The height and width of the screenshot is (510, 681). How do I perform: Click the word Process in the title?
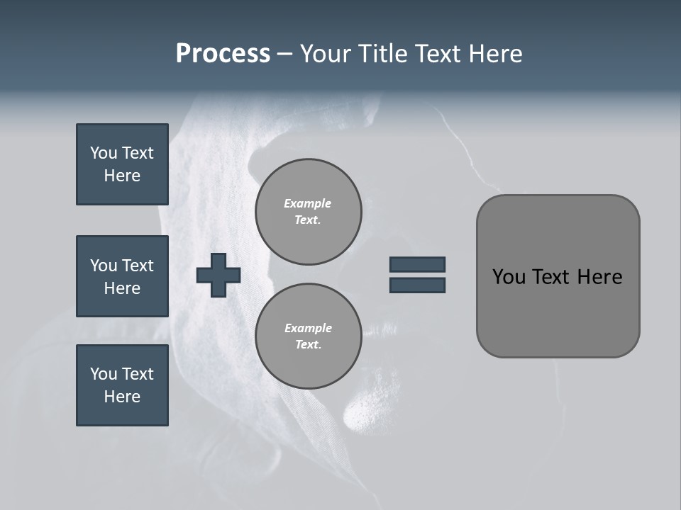click(x=223, y=54)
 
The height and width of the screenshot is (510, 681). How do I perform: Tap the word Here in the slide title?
click(x=495, y=54)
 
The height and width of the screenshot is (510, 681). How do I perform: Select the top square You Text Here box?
click(x=122, y=164)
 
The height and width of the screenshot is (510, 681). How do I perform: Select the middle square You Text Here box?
click(x=122, y=276)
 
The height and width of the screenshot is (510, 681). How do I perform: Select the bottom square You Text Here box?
click(x=122, y=385)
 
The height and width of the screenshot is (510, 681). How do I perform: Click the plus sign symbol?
click(x=218, y=275)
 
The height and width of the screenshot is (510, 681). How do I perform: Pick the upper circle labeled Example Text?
click(x=309, y=212)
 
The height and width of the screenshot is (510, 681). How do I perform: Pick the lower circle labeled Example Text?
click(x=309, y=336)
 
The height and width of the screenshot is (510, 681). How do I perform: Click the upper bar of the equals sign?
click(x=417, y=264)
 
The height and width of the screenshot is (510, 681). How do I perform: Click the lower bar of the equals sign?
click(x=417, y=285)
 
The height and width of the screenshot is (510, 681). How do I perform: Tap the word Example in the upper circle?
click(x=308, y=203)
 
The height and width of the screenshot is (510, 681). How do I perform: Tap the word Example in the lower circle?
click(x=308, y=328)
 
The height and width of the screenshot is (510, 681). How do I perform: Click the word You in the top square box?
click(x=103, y=153)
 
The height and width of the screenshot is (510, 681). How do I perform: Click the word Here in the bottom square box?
click(x=122, y=397)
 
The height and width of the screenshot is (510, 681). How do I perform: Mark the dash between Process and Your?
click(x=284, y=55)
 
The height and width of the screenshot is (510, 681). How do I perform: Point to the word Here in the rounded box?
click(x=599, y=277)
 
